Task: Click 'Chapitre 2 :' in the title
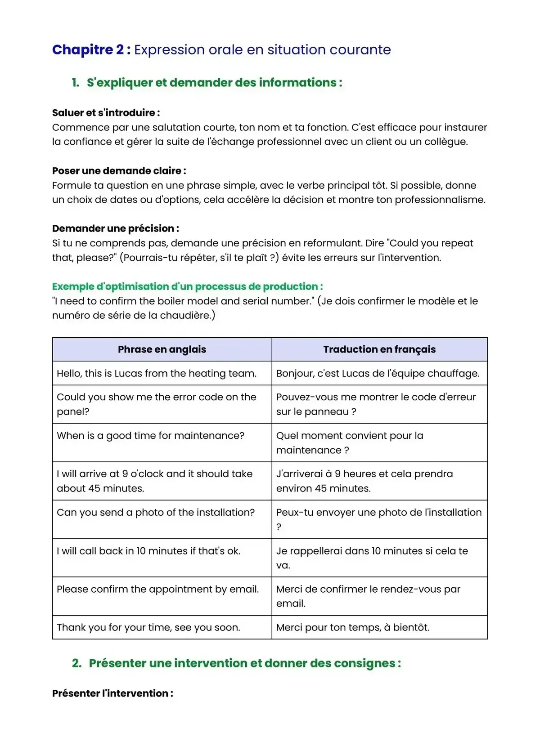pos(91,49)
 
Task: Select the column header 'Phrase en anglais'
pos(162,349)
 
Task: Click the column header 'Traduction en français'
pos(379,349)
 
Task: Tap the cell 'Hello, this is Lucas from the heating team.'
pos(157,373)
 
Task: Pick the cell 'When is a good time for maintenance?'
pos(151,436)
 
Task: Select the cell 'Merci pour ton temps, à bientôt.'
pos(353,627)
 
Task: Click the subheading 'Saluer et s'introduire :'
pos(106,113)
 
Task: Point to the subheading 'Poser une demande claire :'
pos(119,171)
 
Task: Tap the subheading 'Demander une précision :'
pos(115,228)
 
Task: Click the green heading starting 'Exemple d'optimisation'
pos(187,286)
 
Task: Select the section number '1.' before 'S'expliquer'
pos(76,83)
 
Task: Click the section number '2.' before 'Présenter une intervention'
pos(77,663)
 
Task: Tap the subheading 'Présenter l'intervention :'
pos(112,693)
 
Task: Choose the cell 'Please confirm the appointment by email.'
pos(158,589)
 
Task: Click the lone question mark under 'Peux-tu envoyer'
pos(279,527)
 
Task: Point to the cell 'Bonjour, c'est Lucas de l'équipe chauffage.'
pos(378,373)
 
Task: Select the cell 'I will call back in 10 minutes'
pos(148,551)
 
